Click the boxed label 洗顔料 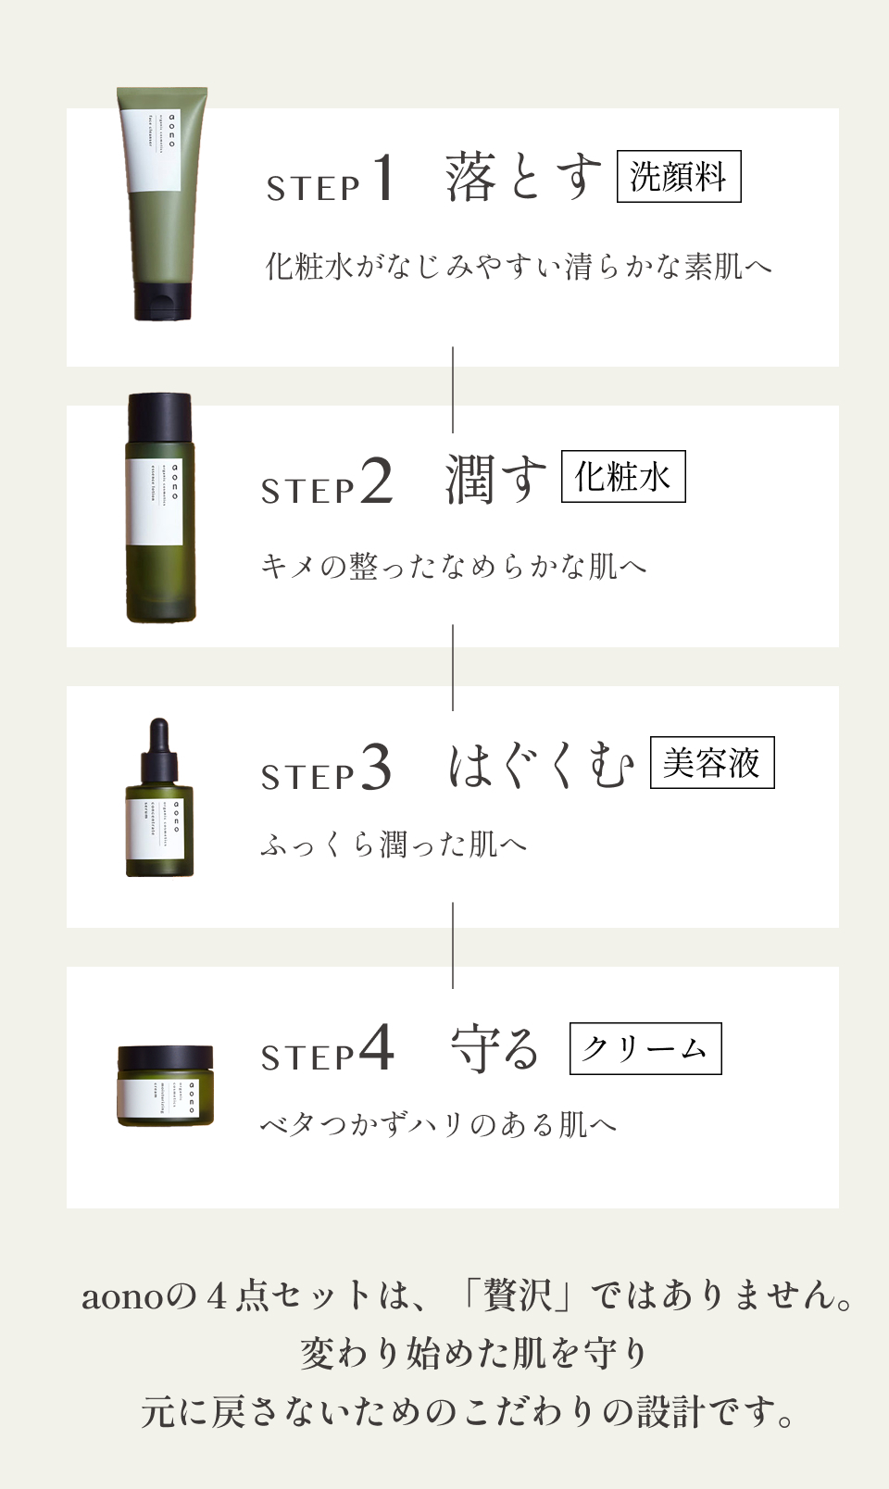coord(679,176)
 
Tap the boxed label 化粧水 coord(623,477)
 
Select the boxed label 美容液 coord(711,763)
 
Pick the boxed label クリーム coord(645,1048)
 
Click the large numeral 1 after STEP coord(383,177)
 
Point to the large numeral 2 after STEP coord(377,481)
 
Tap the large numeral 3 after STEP coord(376,768)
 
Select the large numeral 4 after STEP coord(376,1048)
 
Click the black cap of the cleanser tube coord(163,302)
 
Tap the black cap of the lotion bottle coord(160,418)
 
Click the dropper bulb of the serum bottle coord(159,736)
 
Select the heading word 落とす coord(523,177)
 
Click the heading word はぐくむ coord(542,766)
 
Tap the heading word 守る coord(495,1048)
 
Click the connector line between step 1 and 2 coord(453,389)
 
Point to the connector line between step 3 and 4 coord(453,946)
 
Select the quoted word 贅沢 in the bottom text coord(518,1295)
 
